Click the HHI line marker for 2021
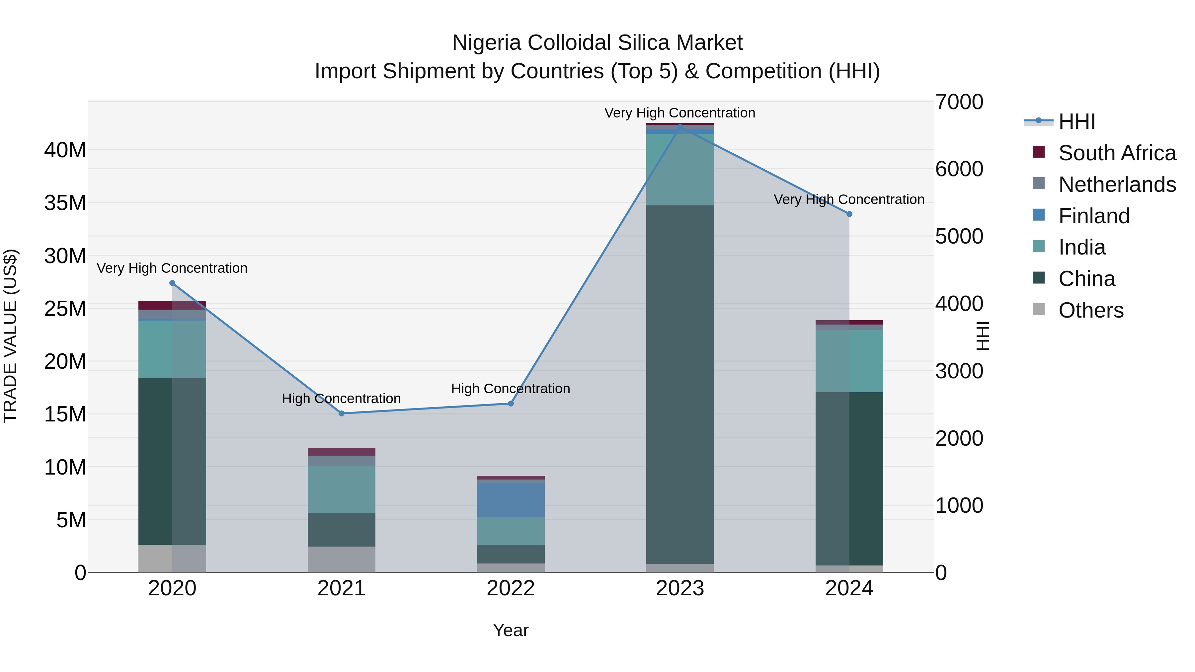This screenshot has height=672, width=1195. pos(342,413)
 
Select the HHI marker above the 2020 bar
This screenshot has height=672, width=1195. pos(172,283)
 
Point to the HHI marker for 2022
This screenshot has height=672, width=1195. pos(511,404)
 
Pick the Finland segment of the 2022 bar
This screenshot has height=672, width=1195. pos(511,500)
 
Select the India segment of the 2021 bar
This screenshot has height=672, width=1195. pos(342,489)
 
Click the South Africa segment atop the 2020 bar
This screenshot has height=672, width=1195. pos(172,305)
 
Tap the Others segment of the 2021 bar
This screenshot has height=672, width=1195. pos(342,559)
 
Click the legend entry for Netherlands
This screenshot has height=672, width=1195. pos(1117,184)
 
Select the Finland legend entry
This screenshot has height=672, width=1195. pos(1094,216)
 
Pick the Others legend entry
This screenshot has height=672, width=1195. pos(1091,310)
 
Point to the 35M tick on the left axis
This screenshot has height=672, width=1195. pos(65,203)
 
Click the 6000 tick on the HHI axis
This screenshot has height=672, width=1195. pos(959,169)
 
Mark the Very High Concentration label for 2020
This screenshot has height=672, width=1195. pos(172,268)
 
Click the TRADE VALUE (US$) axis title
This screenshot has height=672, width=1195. pos(10,336)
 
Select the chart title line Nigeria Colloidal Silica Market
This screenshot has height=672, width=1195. pos(597,43)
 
